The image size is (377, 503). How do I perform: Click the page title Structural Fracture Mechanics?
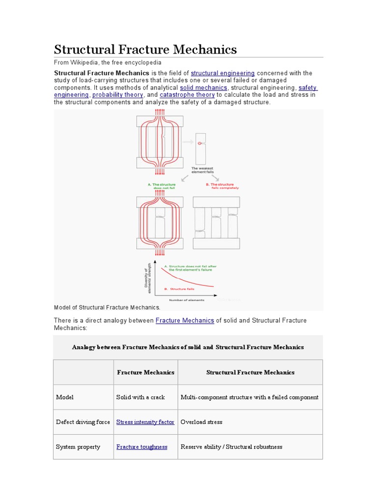pos(145,49)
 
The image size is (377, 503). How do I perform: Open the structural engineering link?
pos(222,73)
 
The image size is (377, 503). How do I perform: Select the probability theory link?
pos(118,95)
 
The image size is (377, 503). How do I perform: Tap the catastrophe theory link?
pos(187,95)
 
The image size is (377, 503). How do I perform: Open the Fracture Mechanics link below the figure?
pos(185,320)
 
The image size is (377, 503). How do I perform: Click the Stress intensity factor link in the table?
pos(145,422)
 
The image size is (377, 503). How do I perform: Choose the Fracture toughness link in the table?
pos(142,447)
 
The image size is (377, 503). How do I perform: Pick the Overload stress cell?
pos(201,422)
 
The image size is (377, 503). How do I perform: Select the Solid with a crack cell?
pos(140,397)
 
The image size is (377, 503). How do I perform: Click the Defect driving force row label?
pos(83,422)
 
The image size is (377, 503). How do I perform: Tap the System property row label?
pos(78,447)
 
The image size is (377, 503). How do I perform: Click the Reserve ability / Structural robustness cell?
pos(231,447)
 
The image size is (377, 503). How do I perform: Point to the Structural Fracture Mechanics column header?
pos(250,372)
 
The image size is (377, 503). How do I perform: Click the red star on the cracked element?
pos(200,143)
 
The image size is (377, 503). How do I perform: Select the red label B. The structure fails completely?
pos(222,186)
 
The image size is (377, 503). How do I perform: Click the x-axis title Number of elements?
pos(187,300)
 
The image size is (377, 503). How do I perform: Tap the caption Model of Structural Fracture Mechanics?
pos(107,307)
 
